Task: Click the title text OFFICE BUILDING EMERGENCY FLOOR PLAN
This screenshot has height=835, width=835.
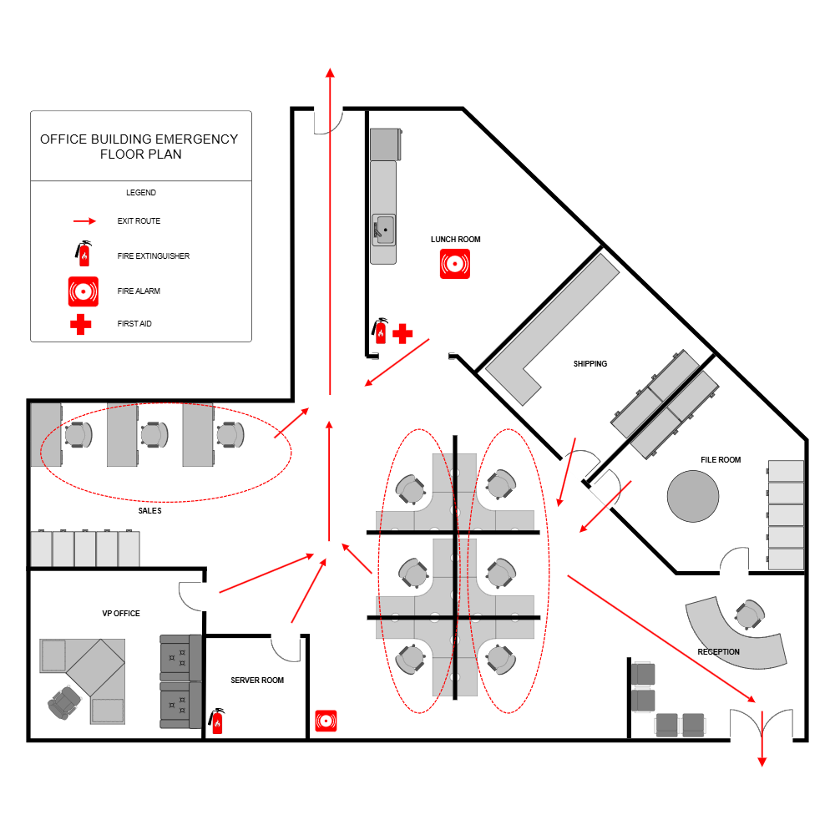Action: click(139, 146)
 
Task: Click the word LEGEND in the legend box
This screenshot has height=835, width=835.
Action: click(141, 193)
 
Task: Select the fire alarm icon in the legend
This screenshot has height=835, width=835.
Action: click(83, 291)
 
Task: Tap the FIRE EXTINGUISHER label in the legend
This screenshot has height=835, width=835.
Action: click(154, 256)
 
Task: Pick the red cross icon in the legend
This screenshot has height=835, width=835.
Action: click(80, 324)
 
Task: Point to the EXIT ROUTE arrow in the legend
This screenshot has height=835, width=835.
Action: click(84, 221)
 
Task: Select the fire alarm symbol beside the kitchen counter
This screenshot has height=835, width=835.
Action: click(454, 264)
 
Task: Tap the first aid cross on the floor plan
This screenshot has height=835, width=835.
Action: click(402, 334)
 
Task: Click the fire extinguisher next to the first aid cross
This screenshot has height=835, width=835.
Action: click(381, 333)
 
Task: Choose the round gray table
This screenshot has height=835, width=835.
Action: click(692, 496)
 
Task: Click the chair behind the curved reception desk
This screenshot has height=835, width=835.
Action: click(749, 615)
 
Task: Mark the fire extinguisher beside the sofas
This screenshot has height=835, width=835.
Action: click(217, 723)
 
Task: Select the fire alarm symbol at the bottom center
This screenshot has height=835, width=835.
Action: click(326, 721)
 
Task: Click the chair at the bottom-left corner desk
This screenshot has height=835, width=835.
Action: click(63, 702)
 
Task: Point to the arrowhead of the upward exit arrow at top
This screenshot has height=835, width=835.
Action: click(330, 73)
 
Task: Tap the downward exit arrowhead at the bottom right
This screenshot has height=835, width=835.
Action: click(762, 762)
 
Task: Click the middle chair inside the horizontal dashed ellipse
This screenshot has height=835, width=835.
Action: click(154, 435)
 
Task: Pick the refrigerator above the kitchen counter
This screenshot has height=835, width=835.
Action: click(385, 144)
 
